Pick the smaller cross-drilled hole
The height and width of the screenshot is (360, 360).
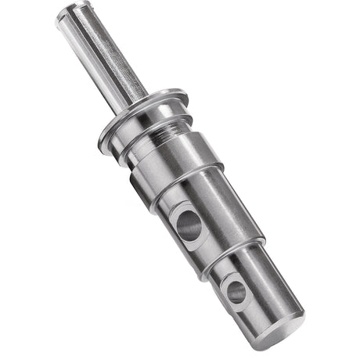(236, 291)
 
